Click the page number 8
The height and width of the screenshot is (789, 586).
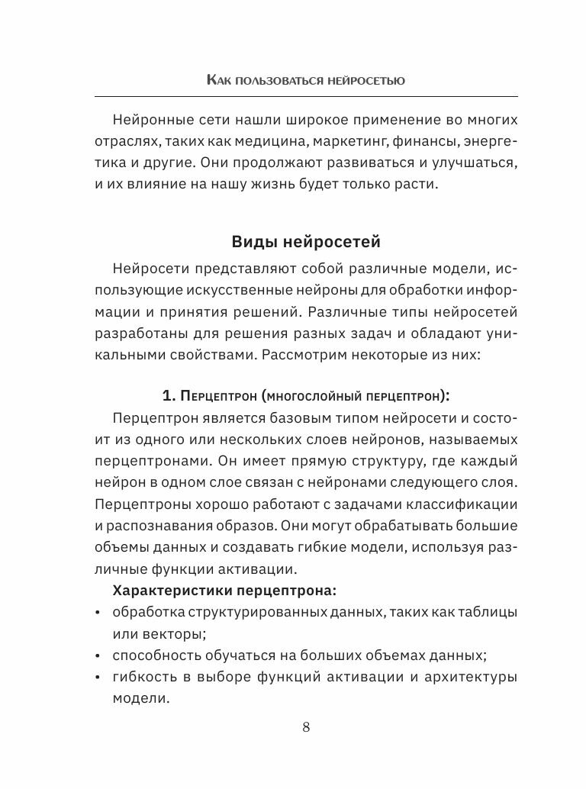coord(306,726)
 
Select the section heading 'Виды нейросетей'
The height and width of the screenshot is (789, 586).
coord(305,242)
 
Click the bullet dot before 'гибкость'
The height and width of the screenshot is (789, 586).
coord(98,678)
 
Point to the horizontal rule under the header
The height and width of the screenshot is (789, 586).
coord(305,95)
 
